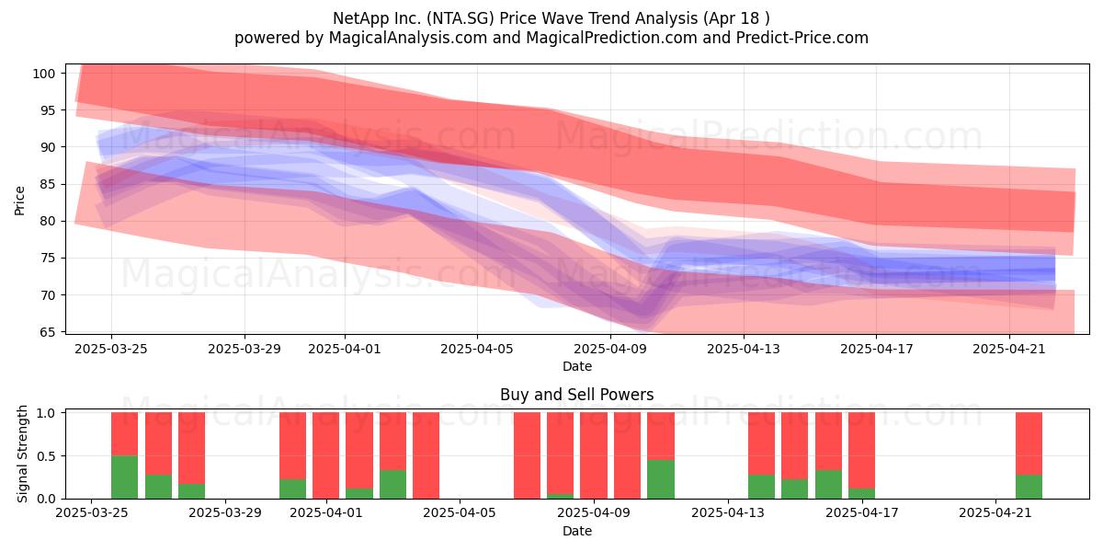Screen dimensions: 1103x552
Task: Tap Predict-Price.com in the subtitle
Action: pos(802,38)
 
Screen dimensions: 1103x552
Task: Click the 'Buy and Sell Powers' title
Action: pos(576,395)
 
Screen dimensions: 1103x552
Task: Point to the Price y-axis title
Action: pos(19,201)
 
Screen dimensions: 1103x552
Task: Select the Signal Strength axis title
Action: pos(22,454)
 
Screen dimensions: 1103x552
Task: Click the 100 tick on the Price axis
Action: pos(43,74)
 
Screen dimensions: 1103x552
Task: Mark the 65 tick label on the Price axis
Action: pos(47,332)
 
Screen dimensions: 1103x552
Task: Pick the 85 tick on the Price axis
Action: pos(47,185)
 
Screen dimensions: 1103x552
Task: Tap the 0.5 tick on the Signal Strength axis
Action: pos(46,456)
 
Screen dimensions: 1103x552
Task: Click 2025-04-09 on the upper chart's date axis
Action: pos(610,349)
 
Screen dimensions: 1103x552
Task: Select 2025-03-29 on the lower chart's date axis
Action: pos(225,512)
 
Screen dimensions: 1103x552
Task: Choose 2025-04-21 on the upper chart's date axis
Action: pos(1009,349)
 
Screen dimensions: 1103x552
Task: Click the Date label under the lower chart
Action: pos(577,531)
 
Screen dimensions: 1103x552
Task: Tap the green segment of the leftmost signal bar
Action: pos(125,477)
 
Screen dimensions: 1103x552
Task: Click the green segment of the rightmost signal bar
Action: pos(1029,487)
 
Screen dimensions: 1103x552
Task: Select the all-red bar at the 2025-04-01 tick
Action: pos(326,455)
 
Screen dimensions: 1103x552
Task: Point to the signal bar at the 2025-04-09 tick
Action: pos(594,455)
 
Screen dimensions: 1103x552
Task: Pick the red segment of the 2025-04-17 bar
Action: pos(862,450)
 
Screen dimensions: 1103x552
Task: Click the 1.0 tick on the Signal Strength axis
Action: pos(46,413)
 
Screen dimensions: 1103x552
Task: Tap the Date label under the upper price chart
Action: pos(577,366)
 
